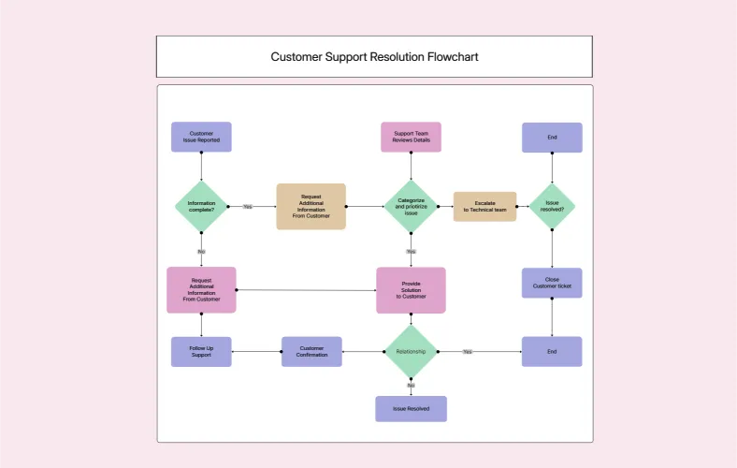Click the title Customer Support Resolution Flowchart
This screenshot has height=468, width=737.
pos(374,57)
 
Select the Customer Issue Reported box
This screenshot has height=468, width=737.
pos(201,137)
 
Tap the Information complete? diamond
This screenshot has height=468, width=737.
pos(201,206)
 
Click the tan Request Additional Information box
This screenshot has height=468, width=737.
pos(311,206)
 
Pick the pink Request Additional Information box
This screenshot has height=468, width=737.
pos(201,290)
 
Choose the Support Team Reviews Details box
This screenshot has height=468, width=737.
pos(411,137)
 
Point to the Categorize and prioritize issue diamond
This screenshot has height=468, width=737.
pos(411,206)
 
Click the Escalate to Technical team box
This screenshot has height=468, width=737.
pos(484,206)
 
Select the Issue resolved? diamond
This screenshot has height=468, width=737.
pos(552,206)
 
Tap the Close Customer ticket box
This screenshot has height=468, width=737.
pos(552,283)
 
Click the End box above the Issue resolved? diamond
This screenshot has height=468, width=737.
pos(552,138)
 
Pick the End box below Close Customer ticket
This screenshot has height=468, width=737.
pos(552,352)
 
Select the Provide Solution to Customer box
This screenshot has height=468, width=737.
pos(411,290)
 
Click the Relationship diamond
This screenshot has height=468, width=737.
pos(411,352)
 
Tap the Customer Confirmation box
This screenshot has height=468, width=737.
pos(311,352)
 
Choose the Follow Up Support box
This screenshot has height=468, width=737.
pos(201,352)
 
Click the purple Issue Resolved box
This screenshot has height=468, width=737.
pos(411,409)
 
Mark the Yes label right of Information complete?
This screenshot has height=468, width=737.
pos(248,206)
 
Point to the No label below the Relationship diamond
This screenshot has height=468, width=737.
pos(411,385)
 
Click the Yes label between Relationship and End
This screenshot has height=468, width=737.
pos(467,352)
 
